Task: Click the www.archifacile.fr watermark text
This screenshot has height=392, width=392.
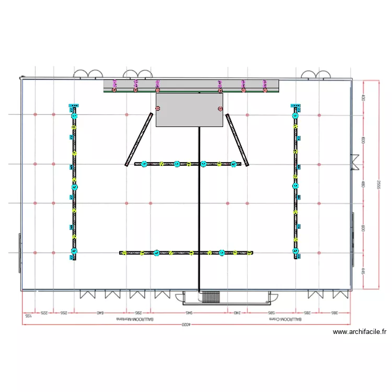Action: point(359,331)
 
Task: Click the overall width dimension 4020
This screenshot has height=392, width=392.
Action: point(187,325)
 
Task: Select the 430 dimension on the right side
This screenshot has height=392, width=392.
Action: point(363,97)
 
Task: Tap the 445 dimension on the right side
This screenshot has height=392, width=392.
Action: point(363,271)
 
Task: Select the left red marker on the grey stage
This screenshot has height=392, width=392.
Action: point(157,109)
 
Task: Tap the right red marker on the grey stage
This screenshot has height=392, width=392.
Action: point(220,109)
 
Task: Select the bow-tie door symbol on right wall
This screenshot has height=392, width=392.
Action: point(355,163)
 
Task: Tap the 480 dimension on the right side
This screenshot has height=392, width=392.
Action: point(363,184)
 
